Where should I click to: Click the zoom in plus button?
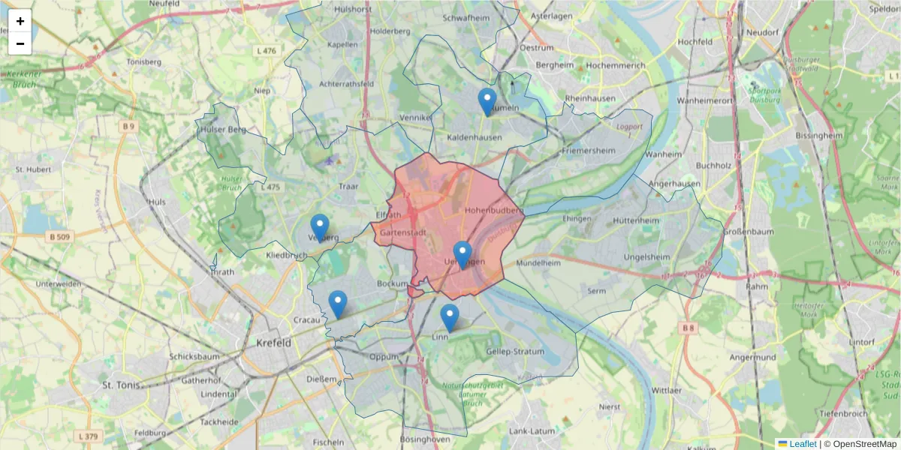click(x=20, y=21)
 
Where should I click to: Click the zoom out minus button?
click(x=20, y=43)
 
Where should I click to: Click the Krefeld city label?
click(x=273, y=343)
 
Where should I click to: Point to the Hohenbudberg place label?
click(x=493, y=211)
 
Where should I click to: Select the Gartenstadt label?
click(x=403, y=233)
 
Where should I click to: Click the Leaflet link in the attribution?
click(x=802, y=444)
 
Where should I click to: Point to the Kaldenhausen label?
click(x=474, y=138)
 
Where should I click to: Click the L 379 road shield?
click(x=88, y=436)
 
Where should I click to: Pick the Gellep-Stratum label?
click(x=515, y=351)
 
